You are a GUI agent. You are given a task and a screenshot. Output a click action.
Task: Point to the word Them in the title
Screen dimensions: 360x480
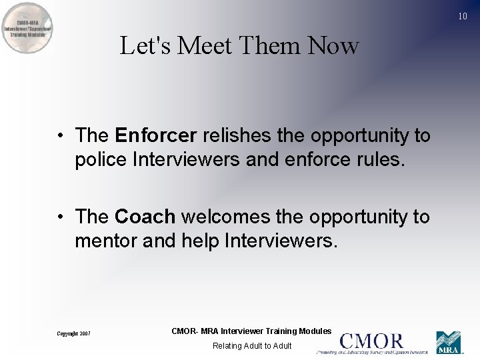click(271, 46)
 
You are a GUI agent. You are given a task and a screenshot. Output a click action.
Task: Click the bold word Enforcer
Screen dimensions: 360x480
click(156, 135)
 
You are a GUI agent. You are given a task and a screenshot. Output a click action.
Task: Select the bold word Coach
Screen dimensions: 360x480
click(145, 217)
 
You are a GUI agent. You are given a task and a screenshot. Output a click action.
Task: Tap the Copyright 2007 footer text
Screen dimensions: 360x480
click(73, 333)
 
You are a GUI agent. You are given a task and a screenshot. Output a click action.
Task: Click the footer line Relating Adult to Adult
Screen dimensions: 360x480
click(252, 346)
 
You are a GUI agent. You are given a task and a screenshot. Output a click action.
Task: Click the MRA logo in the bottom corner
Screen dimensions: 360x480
click(449, 343)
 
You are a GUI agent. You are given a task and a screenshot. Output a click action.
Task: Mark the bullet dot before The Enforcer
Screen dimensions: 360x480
click(60, 136)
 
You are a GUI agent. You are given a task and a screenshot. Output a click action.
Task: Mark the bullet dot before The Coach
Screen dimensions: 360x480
click(60, 217)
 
